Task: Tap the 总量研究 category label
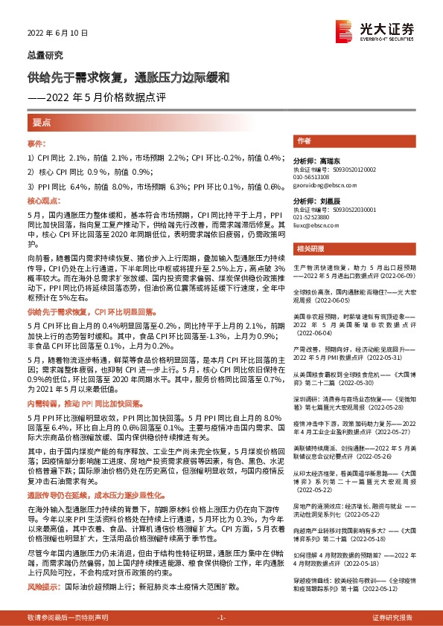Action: (x=45, y=55)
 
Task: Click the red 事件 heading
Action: (x=37, y=142)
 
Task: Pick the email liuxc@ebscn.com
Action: (x=316, y=226)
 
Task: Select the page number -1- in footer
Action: (x=220, y=618)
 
